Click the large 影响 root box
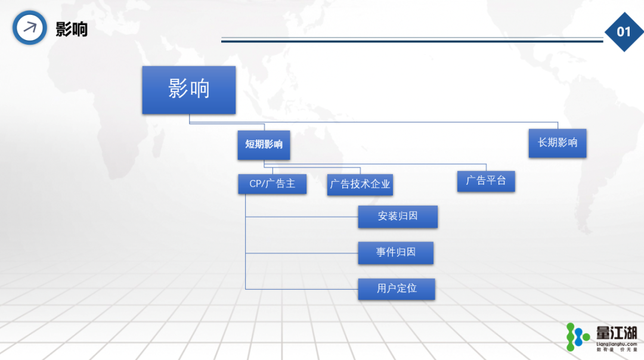tap(189, 90)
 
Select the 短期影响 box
tap(264, 145)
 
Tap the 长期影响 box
tap(558, 143)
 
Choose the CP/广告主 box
tap(273, 184)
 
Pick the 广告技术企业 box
tap(360, 185)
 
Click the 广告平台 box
tap(486, 181)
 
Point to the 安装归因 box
tap(398, 217)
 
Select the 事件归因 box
tap(395, 253)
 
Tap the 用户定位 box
tap(397, 289)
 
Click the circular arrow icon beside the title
tap(30, 28)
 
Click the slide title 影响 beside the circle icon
tap(72, 30)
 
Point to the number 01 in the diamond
tap(624, 32)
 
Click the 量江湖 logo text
tap(617, 333)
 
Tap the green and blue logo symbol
tap(577, 337)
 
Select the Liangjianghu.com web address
tap(617, 344)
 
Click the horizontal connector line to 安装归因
tap(302, 217)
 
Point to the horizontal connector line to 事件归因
tap(302, 253)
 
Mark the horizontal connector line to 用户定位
tap(302, 289)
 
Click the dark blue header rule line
tap(412, 41)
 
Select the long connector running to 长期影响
tap(373, 122)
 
